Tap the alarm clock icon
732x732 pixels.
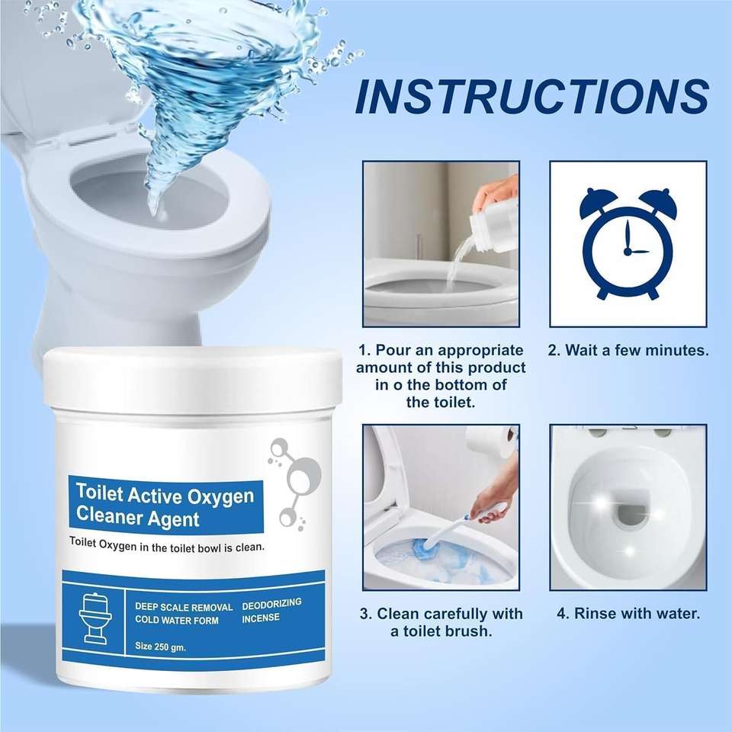pyautogui.click(x=627, y=242)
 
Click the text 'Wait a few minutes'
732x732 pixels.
pyautogui.click(x=628, y=351)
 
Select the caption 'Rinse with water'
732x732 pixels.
pyautogui.click(x=628, y=613)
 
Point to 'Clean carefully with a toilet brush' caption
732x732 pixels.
pyautogui.click(x=441, y=622)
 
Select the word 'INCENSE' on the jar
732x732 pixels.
pyautogui.click(x=261, y=618)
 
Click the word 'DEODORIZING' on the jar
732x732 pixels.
pyautogui.click(x=271, y=603)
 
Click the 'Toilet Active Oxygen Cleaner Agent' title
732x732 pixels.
pyautogui.click(x=165, y=506)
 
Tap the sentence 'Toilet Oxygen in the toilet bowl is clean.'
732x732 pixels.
pyautogui.click(x=166, y=547)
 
